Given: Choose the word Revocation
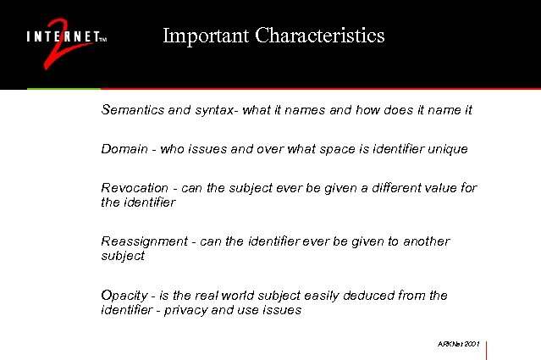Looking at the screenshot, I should tap(135, 187).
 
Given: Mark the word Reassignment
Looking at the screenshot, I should tap(144, 241).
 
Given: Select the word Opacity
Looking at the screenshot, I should tap(124, 296).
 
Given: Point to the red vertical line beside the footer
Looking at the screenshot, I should tap(488, 349).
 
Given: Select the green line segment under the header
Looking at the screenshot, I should tap(63, 88).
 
